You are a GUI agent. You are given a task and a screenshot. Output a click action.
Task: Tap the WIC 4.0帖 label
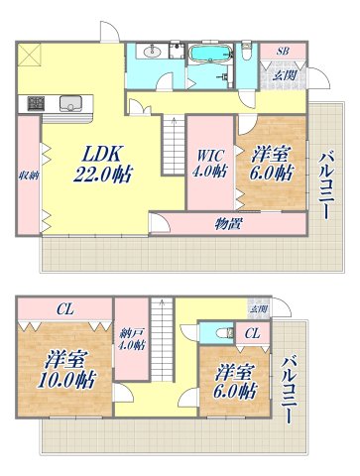tap(209, 162)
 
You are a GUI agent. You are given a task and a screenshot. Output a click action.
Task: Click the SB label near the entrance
tap(283, 51)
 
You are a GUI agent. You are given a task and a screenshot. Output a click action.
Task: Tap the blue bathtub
tap(208, 53)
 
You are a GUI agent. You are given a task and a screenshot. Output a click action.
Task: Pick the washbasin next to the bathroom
tap(153, 52)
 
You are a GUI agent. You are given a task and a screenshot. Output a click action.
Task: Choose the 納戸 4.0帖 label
tap(132, 339)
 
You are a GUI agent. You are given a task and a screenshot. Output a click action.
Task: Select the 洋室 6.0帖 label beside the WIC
tap(271, 162)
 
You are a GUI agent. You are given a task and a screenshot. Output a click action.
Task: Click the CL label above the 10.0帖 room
tap(61, 307)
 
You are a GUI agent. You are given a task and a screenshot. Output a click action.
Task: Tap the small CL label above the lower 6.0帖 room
tap(253, 333)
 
